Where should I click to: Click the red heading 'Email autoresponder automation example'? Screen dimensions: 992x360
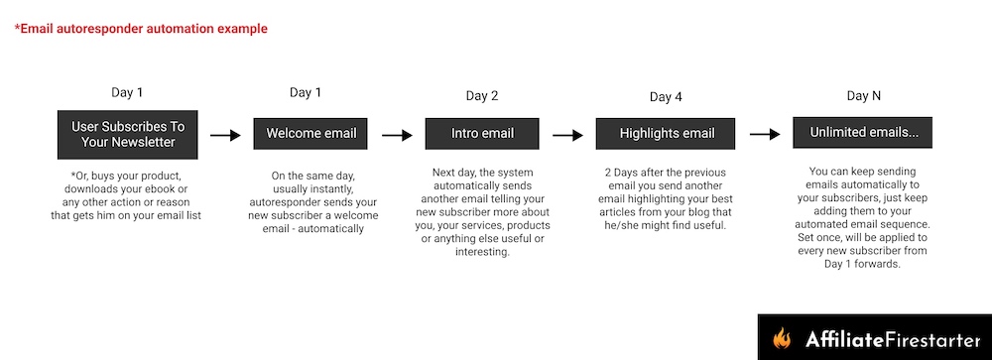(x=141, y=29)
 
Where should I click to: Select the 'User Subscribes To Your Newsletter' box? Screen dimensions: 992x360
(x=128, y=135)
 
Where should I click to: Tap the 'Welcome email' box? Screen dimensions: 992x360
(x=310, y=134)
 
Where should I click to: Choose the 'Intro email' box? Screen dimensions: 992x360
(x=482, y=134)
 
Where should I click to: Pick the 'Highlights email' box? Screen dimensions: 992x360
(x=666, y=134)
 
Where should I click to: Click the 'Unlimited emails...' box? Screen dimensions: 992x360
(x=862, y=133)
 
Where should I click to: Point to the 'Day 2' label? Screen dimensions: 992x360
(x=482, y=96)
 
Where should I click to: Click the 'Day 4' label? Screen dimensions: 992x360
(x=666, y=97)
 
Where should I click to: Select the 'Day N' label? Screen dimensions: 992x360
(x=864, y=96)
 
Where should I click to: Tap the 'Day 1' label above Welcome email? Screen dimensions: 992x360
(x=306, y=93)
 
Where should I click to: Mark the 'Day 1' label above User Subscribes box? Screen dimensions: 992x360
(x=127, y=92)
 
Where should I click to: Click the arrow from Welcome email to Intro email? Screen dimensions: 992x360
(x=397, y=136)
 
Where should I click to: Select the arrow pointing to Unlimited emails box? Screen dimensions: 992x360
(x=764, y=134)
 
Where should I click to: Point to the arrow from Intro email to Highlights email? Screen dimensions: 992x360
(x=567, y=135)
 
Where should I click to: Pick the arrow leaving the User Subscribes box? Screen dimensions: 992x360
(x=225, y=136)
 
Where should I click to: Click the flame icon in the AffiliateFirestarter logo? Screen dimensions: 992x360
(x=782, y=338)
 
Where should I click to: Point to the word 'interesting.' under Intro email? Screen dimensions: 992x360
(x=482, y=252)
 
